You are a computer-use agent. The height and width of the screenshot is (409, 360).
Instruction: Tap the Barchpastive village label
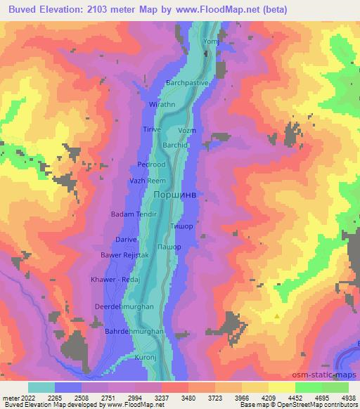(x=187, y=83)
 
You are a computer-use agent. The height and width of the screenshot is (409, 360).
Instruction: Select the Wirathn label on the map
(x=162, y=104)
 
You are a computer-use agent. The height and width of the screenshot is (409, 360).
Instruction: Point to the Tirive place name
(x=153, y=130)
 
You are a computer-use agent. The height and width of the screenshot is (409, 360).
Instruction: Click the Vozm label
(x=188, y=131)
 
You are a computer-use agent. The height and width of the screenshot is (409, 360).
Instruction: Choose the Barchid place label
(x=175, y=145)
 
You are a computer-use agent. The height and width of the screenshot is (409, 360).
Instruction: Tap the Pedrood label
(x=151, y=164)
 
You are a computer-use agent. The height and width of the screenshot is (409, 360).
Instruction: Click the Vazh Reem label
(x=147, y=181)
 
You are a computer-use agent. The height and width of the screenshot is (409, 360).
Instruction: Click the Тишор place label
(x=181, y=226)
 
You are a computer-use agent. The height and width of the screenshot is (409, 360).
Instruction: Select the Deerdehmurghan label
(x=129, y=306)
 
